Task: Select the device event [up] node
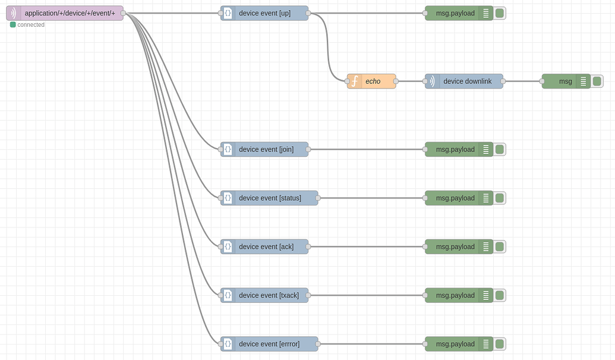click(264, 13)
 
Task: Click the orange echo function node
click(372, 81)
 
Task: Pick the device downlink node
click(467, 81)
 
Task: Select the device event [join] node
click(264, 149)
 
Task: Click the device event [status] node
click(269, 198)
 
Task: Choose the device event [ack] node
click(264, 247)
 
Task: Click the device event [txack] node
click(264, 295)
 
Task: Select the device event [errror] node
click(269, 344)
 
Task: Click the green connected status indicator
click(13, 25)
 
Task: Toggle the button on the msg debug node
click(597, 81)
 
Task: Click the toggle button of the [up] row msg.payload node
click(500, 13)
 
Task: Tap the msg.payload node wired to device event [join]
click(455, 149)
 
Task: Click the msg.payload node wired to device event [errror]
click(455, 344)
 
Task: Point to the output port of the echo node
click(396, 81)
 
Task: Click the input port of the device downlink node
click(425, 81)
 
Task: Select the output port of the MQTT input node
click(123, 13)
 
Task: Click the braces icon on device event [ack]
click(228, 247)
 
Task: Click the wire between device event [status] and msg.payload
click(371, 198)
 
